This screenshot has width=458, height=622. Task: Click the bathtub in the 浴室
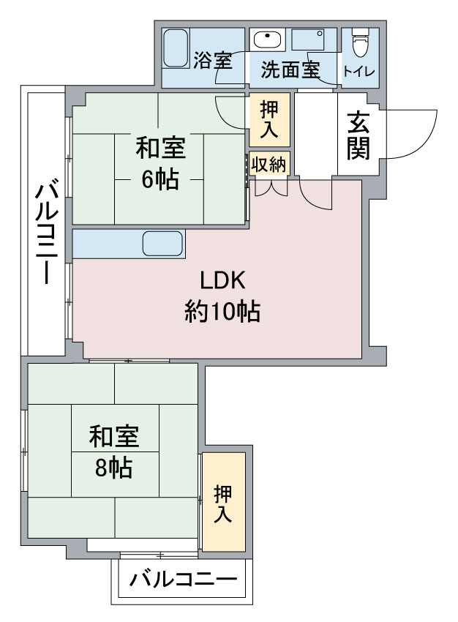coord(176,48)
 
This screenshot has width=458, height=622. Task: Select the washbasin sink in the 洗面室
coord(267,40)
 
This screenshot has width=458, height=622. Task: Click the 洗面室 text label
coord(290,70)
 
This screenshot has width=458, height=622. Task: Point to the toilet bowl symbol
coord(361,43)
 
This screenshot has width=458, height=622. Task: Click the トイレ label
coord(359,72)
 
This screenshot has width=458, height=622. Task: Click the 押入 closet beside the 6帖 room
coord(269,119)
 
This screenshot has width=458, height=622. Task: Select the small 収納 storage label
coord(269,164)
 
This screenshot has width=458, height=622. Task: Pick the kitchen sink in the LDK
coord(162,244)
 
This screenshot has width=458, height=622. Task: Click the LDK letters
coord(223,280)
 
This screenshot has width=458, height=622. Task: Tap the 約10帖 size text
coord(222,312)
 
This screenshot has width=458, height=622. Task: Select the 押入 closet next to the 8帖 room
coord(223,503)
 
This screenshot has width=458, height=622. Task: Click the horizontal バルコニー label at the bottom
coord(184,580)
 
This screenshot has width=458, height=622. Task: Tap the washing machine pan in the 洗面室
coord(308,40)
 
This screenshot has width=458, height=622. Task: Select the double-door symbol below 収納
coord(271,187)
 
